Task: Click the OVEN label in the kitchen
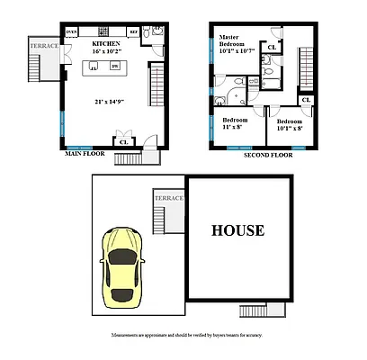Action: [x=72, y=31]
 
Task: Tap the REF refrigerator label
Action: [x=134, y=31]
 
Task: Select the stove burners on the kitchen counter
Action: [x=93, y=31]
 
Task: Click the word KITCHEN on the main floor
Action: [x=107, y=42]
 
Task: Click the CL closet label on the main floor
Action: [x=122, y=140]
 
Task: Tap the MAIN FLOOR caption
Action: [x=85, y=154]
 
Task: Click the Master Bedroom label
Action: [x=236, y=41]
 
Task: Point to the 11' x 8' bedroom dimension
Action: [x=237, y=125]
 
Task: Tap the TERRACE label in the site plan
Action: [x=168, y=198]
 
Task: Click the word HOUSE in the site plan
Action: [x=237, y=230]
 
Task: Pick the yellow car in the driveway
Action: [x=121, y=267]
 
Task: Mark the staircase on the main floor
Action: [x=156, y=85]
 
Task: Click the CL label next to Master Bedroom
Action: [x=271, y=48]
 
